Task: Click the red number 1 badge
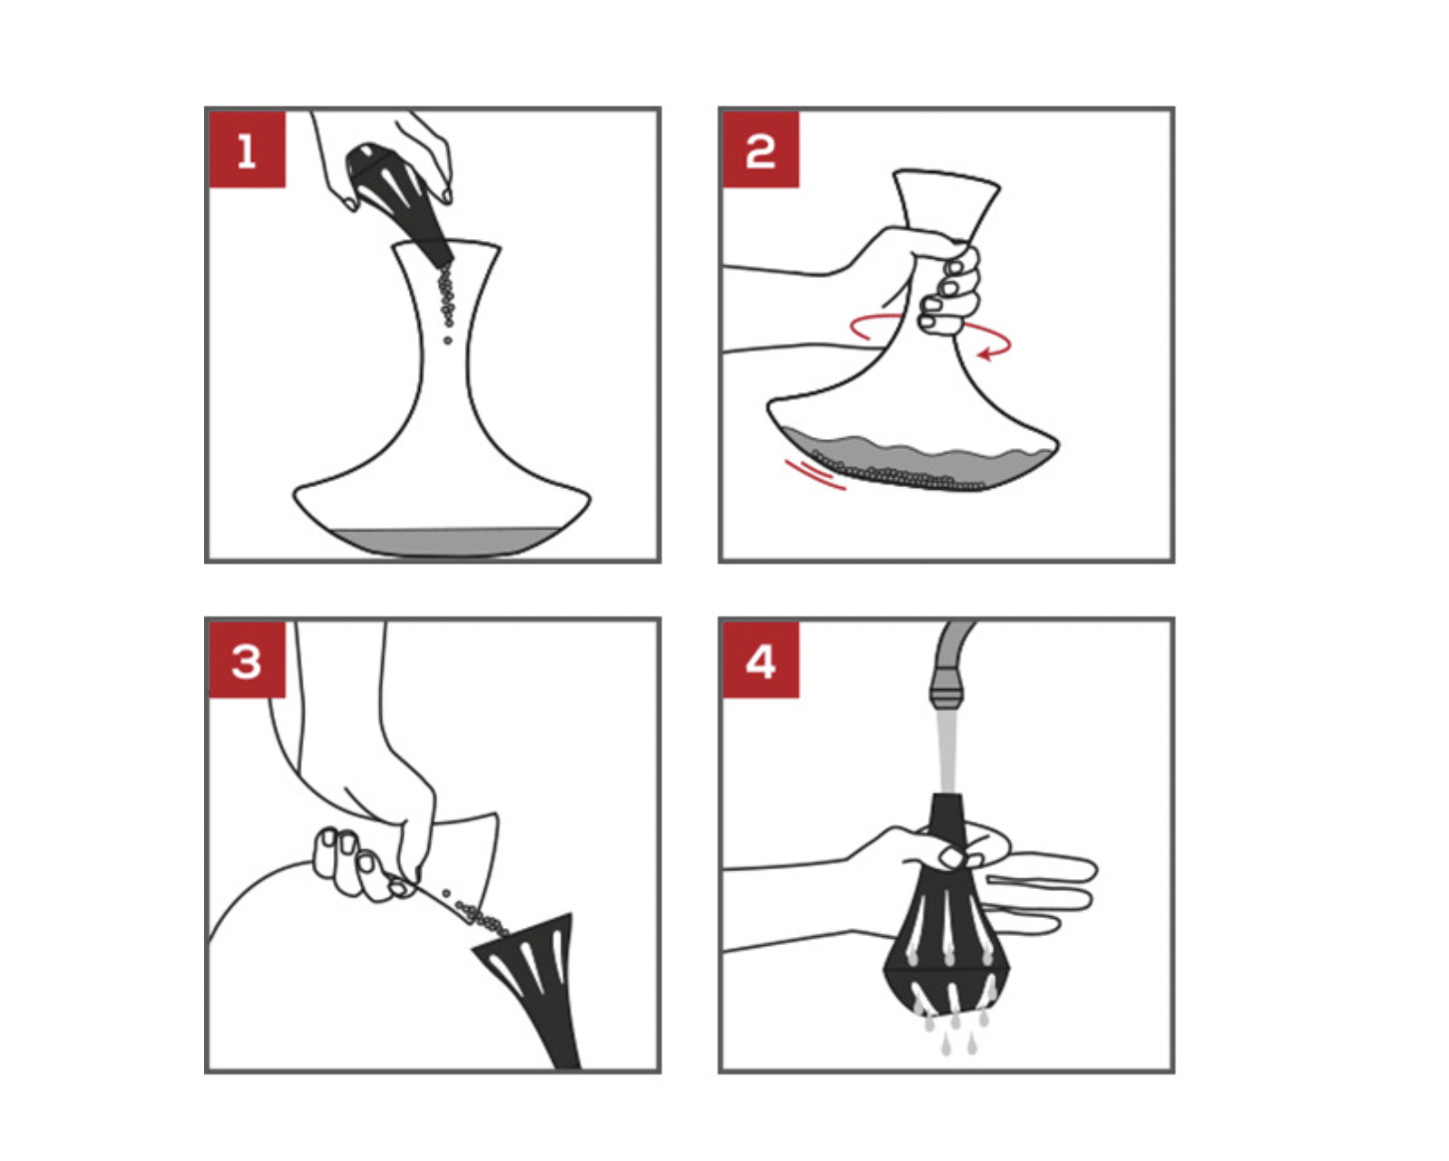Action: pos(247,149)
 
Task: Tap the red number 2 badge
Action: pos(761,149)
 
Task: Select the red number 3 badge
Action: pos(247,660)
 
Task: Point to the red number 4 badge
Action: pos(761,660)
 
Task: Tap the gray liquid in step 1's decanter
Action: pos(446,542)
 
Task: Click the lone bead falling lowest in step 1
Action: pos(448,341)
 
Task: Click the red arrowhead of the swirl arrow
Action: pos(986,353)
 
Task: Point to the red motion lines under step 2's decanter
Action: pos(815,474)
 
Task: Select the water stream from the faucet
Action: pos(946,752)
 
